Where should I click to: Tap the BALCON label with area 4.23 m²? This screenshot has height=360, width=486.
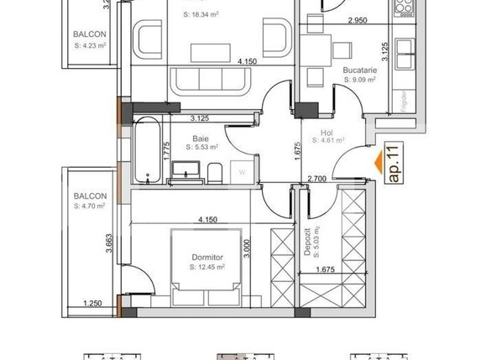coord(89,39)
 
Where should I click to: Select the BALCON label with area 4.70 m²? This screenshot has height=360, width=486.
coord(89,201)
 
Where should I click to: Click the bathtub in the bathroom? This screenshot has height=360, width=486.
coord(148,152)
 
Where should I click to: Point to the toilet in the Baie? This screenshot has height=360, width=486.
coord(214,173)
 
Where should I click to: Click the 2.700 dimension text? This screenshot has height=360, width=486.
coord(317,179)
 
